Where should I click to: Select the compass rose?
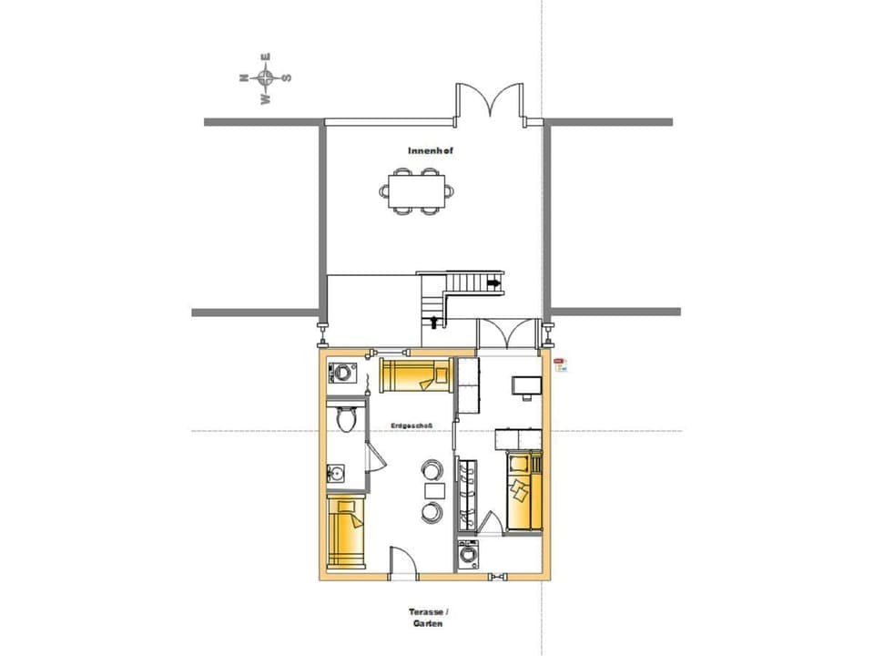click(x=265, y=78)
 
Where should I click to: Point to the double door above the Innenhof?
click(x=491, y=101)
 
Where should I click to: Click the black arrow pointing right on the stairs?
click(x=494, y=284)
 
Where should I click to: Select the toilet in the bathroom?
click(x=345, y=419)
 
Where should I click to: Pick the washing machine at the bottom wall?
click(x=468, y=555)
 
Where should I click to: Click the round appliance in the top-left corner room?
click(x=342, y=372)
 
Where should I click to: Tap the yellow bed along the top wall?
click(x=416, y=374)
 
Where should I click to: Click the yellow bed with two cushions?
click(x=521, y=492)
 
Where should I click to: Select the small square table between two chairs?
click(x=430, y=491)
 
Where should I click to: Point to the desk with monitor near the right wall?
click(x=524, y=385)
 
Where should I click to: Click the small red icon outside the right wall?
click(x=562, y=363)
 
